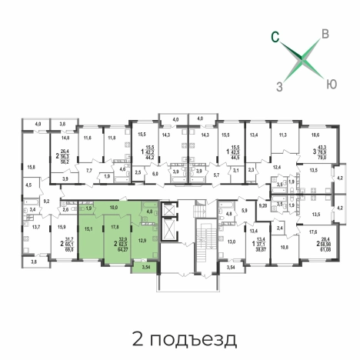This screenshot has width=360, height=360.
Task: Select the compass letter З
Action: (x=280, y=86)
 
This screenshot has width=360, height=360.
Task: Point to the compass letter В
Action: (x=326, y=34)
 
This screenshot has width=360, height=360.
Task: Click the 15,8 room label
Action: (x=31, y=166)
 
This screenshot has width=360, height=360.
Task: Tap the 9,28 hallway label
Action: (x=262, y=205)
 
